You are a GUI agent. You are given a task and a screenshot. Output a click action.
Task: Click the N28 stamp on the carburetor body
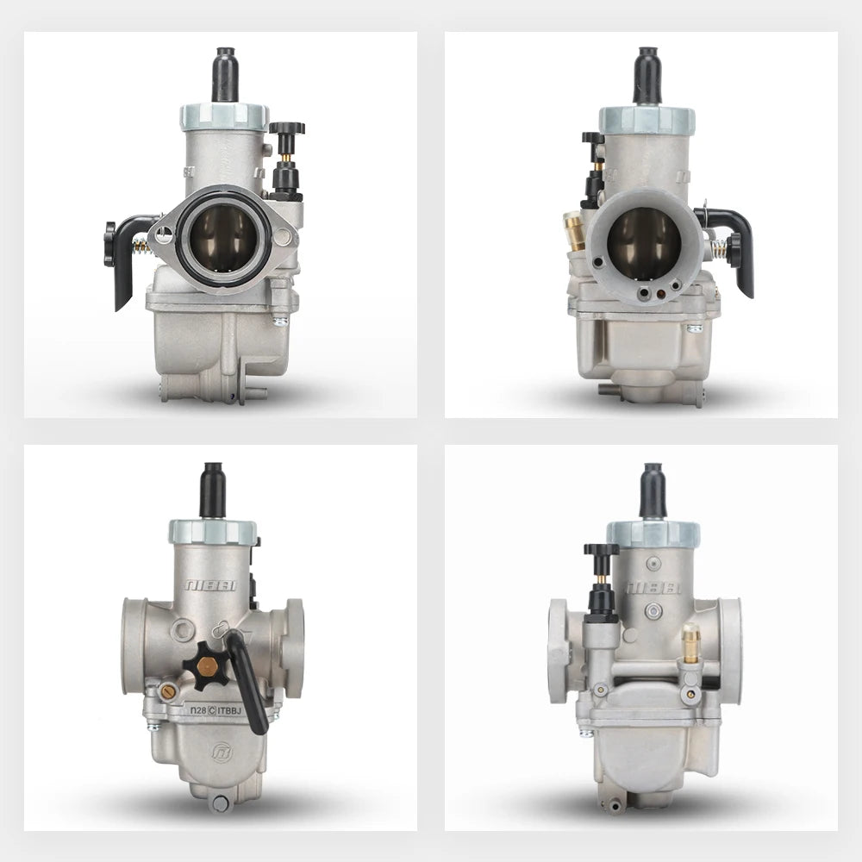click(197, 710)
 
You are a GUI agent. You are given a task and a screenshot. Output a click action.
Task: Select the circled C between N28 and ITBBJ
click(212, 710)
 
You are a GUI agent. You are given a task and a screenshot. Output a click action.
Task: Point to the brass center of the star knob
click(207, 666)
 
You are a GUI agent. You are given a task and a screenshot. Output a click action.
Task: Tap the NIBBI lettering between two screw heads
click(653, 587)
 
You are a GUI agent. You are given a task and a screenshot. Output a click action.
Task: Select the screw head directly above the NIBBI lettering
click(653, 564)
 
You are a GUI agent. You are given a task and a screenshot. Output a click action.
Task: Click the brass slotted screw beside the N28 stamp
click(167, 690)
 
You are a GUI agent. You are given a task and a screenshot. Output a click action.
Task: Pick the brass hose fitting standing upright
click(690, 643)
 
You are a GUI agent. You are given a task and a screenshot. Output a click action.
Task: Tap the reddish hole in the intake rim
click(660, 293)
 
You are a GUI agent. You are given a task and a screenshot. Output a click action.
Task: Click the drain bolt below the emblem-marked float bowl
click(221, 803)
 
